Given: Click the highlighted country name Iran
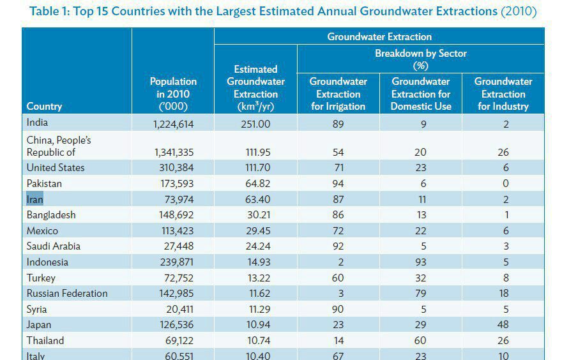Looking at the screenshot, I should point(34,199).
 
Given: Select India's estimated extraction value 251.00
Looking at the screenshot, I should point(255,124).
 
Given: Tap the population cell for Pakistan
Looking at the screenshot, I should point(173,184).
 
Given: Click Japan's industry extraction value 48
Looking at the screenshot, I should point(503,325).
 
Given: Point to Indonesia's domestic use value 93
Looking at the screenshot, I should point(421,262).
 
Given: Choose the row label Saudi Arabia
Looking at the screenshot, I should point(54,246).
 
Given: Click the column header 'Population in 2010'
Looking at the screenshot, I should point(173,94).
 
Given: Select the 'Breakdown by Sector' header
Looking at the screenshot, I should point(421,59).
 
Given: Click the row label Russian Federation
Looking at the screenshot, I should point(67,294).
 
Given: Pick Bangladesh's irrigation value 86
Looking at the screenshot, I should point(338,215).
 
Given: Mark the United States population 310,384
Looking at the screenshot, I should point(173,168).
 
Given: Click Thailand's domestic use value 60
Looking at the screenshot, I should point(421,341).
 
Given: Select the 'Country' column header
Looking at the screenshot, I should point(44,107).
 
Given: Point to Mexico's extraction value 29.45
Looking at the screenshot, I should point(255,231).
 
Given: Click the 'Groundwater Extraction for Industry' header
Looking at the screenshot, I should point(503,94).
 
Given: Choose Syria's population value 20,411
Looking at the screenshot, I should point(178,310).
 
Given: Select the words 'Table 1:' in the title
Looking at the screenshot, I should point(50,11).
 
